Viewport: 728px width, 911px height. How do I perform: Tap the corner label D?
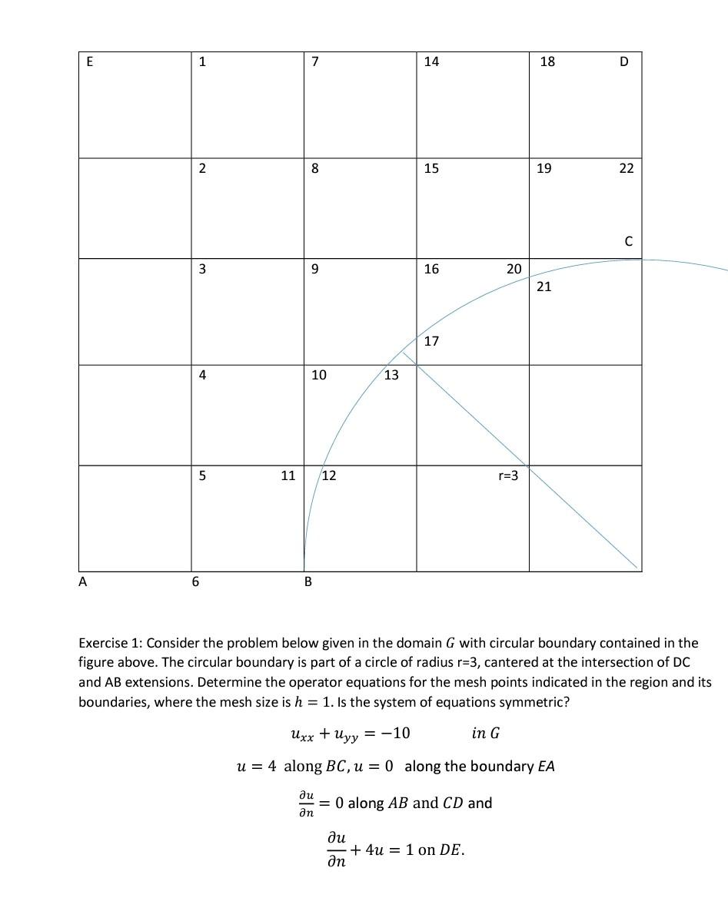[623, 62]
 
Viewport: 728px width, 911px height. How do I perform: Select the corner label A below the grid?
[83, 582]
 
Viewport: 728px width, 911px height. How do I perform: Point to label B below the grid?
[308, 582]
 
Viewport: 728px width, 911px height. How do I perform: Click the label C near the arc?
[628, 242]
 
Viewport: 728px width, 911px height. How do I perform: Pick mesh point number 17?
[431, 340]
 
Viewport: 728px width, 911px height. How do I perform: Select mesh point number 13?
[391, 375]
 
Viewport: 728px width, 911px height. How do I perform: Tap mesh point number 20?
[514, 269]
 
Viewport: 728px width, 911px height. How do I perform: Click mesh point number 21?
[544, 287]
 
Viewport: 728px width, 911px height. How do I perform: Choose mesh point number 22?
[627, 168]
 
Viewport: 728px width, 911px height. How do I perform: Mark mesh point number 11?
[288, 475]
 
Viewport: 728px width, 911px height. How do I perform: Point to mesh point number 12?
[329, 475]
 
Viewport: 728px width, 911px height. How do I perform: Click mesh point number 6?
[195, 582]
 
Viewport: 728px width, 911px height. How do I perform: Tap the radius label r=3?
[508, 475]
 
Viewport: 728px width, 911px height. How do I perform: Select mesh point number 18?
[547, 62]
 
